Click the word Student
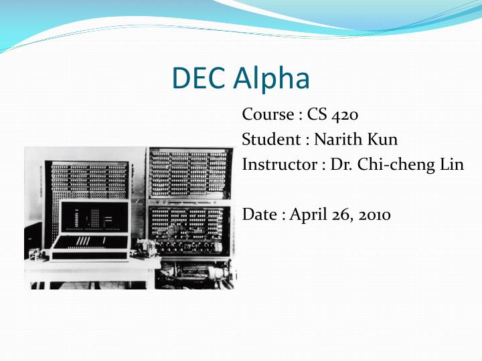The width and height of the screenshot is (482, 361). click(x=270, y=140)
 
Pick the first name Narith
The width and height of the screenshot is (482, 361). click(x=337, y=140)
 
